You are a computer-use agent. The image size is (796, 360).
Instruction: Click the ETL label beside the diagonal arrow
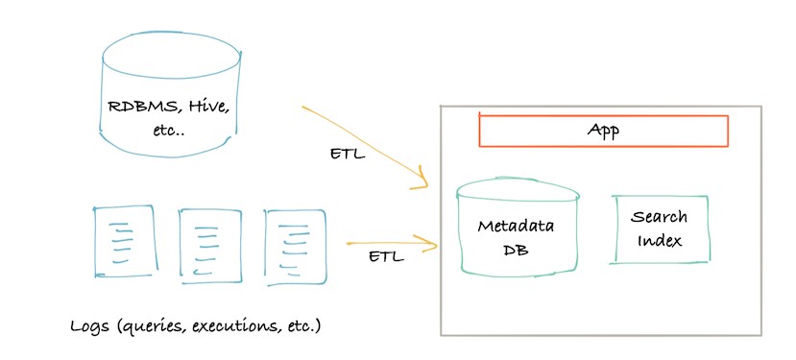[x=348, y=154]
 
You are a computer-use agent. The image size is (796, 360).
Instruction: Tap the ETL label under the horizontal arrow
[x=386, y=256]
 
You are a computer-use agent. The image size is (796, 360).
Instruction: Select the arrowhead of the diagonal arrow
[x=424, y=181]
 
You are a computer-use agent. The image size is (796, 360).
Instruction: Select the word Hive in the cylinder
[x=205, y=108]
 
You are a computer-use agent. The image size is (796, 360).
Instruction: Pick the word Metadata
[x=516, y=226]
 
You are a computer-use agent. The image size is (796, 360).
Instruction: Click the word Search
[x=659, y=217]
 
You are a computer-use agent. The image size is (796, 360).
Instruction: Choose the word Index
[x=660, y=240]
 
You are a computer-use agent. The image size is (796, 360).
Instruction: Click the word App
[x=603, y=131]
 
